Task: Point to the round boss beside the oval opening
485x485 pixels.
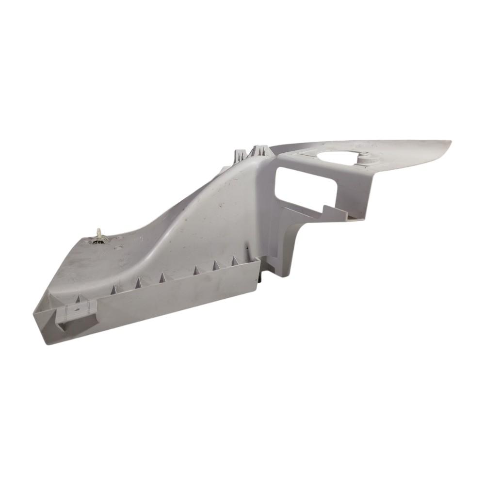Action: click(365, 156)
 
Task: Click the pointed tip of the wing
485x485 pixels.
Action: click(450, 142)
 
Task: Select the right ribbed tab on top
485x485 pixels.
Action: click(261, 150)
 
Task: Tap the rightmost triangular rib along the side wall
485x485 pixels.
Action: click(236, 261)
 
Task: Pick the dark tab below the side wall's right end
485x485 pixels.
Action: click(260, 278)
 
